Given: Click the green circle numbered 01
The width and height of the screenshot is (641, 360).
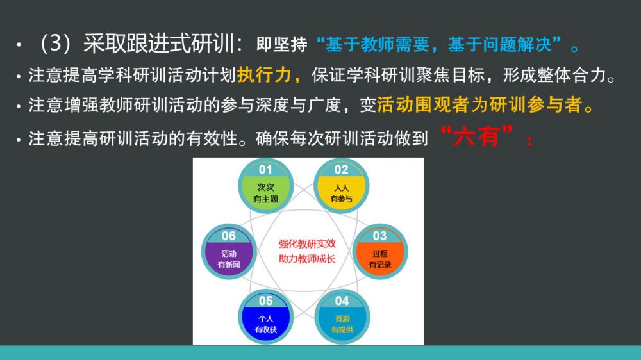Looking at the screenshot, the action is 266,186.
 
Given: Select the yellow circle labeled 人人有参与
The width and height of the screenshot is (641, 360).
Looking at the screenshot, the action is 342,186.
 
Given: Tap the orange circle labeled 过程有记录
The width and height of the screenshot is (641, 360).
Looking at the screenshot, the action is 379,252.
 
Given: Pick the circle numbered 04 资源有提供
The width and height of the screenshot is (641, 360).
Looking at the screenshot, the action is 342,317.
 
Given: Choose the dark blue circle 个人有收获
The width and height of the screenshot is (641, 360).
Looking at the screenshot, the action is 266,317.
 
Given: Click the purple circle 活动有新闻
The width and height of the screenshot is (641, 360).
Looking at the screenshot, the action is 229,252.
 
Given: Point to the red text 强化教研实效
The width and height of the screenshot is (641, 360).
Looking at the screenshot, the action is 307,244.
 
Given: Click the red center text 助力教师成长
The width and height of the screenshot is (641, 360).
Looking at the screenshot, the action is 307,259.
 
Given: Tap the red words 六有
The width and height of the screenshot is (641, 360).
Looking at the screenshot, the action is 477,137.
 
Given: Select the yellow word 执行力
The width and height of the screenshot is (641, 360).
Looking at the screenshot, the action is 264,75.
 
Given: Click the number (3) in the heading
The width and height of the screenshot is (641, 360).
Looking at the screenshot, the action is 56,44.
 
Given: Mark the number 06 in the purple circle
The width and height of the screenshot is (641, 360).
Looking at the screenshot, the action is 229,236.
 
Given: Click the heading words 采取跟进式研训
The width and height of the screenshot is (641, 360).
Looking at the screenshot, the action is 158,44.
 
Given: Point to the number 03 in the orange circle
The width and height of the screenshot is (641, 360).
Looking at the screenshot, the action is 379,236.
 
